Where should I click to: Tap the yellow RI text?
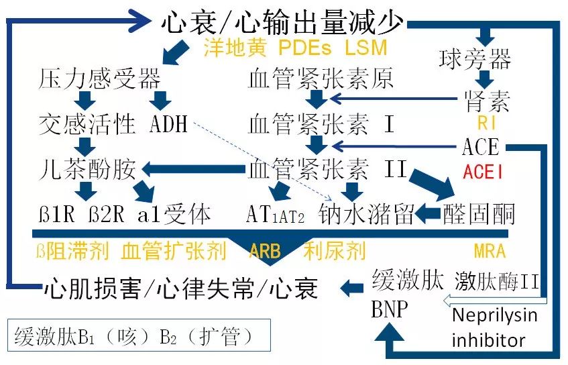(x=486, y=123)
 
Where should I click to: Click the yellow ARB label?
(x=265, y=251)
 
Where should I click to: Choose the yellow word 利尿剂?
(x=334, y=251)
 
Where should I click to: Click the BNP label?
(x=388, y=310)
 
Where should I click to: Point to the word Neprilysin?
(x=494, y=315)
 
